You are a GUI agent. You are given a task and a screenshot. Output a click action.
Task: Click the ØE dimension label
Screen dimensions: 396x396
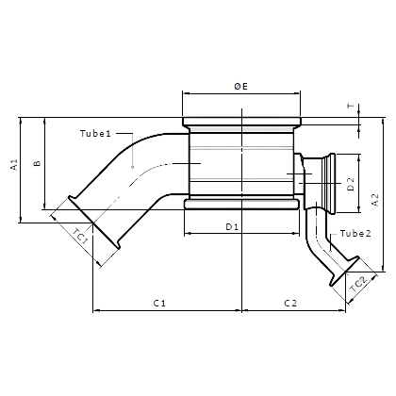tap(241, 86)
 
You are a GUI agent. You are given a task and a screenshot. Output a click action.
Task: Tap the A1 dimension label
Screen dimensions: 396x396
tap(14, 165)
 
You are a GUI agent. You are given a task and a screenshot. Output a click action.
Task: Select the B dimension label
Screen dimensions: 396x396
tap(38, 163)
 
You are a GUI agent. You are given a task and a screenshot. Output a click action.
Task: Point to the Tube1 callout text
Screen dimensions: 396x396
tap(95, 134)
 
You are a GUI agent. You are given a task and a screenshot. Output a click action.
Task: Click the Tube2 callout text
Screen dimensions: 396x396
tap(355, 234)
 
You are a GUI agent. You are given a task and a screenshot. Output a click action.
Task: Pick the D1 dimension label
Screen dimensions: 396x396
tap(232, 226)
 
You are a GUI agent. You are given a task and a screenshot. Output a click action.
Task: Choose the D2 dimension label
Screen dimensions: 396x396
tap(351, 184)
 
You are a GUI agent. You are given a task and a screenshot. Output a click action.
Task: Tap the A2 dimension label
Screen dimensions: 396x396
tap(375, 200)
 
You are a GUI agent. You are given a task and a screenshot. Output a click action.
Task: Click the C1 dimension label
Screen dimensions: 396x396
tap(159, 304)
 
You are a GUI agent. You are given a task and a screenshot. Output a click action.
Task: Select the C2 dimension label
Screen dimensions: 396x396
tap(290, 304)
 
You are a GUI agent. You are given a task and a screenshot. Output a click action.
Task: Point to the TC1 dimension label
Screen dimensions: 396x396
tap(80, 237)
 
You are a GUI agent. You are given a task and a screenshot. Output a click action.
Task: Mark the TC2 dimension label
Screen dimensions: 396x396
tap(358, 284)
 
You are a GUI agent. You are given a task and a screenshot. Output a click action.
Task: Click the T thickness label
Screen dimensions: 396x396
tap(351, 106)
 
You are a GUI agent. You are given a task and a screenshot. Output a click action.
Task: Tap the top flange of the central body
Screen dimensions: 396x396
tap(241, 122)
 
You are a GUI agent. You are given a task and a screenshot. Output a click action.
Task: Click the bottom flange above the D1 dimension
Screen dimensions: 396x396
tap(241, 204)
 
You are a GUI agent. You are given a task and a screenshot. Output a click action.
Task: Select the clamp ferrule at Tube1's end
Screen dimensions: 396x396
tap(94, 223)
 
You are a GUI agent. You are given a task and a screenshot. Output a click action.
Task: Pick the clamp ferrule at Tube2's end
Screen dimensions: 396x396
tap(344, 272)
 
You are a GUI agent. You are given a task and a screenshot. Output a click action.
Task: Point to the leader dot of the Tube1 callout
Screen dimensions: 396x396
tap(133, 167)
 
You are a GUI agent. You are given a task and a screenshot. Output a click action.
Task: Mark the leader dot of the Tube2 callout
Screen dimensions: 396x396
tap(331, 251)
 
